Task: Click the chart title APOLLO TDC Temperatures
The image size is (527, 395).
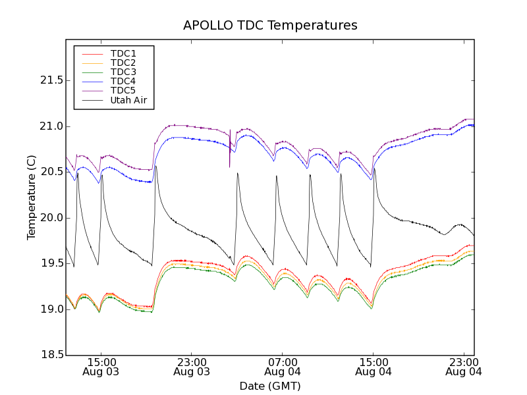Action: click(270, 26)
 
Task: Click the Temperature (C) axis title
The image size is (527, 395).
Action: click(32, 197)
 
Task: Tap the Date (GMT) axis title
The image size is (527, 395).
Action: click(270, 386)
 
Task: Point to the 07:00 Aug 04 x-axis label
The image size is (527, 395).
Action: click(282, 367)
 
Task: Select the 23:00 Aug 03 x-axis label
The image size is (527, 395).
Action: click(191, 367)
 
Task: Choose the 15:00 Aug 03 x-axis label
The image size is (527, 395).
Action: click(100, 367)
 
